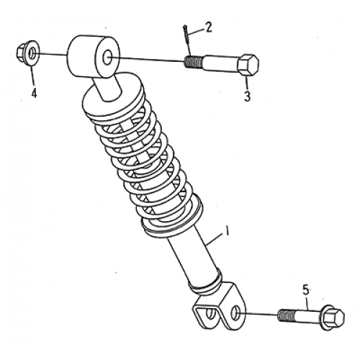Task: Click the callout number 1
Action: tap(226, 233)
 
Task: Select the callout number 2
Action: tap(209, 29)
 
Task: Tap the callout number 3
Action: tap(246, 97)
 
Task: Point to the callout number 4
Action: tap(32, 91)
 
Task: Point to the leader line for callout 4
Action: tap(30, 75)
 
